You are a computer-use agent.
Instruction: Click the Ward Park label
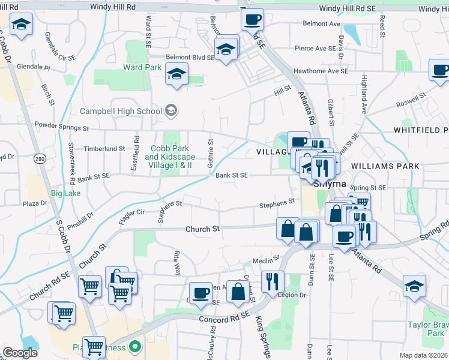142,67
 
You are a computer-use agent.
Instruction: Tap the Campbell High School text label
121,111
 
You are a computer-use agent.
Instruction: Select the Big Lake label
65,193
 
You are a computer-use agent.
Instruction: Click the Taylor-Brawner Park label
427,328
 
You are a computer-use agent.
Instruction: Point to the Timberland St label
104,148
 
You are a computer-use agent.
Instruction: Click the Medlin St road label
266,260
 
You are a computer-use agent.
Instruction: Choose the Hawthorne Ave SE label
321,71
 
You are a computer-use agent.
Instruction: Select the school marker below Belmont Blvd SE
176,75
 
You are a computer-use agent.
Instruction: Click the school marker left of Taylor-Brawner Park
414,287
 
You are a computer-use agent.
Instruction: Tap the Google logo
20,353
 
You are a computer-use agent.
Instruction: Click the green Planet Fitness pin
135,347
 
